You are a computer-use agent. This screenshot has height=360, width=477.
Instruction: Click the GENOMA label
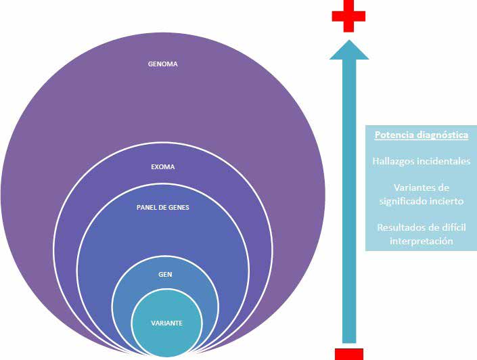(162, 65)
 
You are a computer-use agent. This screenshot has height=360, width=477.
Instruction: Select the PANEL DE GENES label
(162, 208)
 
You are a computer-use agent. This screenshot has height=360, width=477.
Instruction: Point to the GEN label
(165, 276)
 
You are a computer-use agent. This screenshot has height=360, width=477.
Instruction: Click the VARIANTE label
(166, 323)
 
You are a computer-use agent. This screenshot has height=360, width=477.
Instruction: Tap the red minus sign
(348, 353)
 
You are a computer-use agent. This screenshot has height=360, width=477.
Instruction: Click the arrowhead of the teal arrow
(349, 49)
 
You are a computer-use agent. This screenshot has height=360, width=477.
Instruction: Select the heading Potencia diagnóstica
(421, 135)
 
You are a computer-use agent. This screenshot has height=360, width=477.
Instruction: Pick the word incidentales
(446, 161)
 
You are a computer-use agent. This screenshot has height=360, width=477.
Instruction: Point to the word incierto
(445, 201)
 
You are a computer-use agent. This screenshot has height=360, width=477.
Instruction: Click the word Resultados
(400, 227)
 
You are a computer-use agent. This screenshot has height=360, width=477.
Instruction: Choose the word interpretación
(421, 241)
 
